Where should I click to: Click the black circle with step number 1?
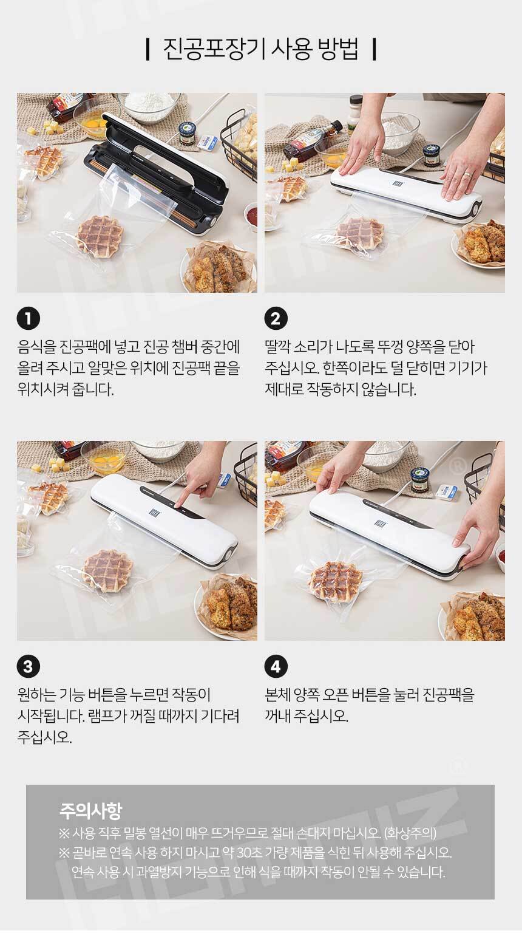coord(29,319)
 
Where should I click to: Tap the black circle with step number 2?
coord(276,319)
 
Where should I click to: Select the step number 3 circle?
coord(29,666)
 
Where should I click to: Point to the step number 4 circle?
coord(276,666)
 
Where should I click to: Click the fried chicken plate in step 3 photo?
coord(228,606)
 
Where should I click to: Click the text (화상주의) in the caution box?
coord(410,833)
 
